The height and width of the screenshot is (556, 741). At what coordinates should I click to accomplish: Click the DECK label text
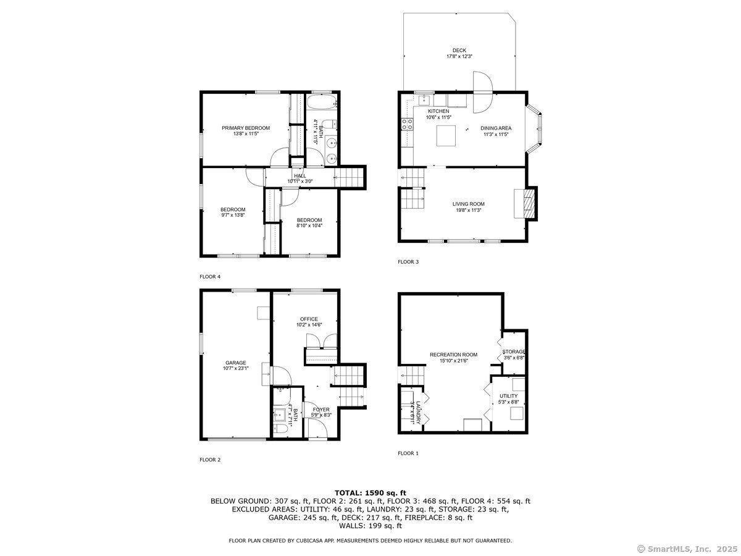pos(459,50)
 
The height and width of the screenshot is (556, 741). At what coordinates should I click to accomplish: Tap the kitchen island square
pos(446,135)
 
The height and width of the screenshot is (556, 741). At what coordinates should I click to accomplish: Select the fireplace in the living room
pos(525,204)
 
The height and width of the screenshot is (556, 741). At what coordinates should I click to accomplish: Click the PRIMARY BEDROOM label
pos(245,128)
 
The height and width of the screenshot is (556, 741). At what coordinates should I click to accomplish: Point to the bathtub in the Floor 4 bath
pos(321,101)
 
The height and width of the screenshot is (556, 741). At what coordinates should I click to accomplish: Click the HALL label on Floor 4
pos(299,176)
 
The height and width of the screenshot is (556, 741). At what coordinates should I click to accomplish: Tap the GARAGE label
pos(236,363)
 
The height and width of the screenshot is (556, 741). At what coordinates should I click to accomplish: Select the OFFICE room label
pos(309,319)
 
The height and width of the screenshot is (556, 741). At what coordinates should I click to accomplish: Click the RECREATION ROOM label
pos(453,355)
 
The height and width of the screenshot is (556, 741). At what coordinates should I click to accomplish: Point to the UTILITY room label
pos(508,396)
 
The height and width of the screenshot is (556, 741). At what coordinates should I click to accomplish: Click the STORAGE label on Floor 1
pos(514,352)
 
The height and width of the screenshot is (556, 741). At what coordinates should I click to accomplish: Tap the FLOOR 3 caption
pos(408,261)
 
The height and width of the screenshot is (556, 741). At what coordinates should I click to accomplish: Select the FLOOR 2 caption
pos(209,460)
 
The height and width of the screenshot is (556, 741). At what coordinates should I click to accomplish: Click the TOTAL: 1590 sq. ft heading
pos(371,493)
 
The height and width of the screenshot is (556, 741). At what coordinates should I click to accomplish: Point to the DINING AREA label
pos(496,128)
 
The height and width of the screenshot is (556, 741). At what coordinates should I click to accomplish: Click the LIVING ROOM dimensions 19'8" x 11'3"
pos(468,210)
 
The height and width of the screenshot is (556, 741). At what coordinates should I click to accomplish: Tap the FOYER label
pos(320,410)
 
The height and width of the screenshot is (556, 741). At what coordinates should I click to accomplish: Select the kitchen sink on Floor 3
pos(424,100)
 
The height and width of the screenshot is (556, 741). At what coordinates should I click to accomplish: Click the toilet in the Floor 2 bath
pos(281,429)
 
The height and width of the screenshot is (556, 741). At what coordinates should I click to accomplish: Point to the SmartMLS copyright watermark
pos(687,549)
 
